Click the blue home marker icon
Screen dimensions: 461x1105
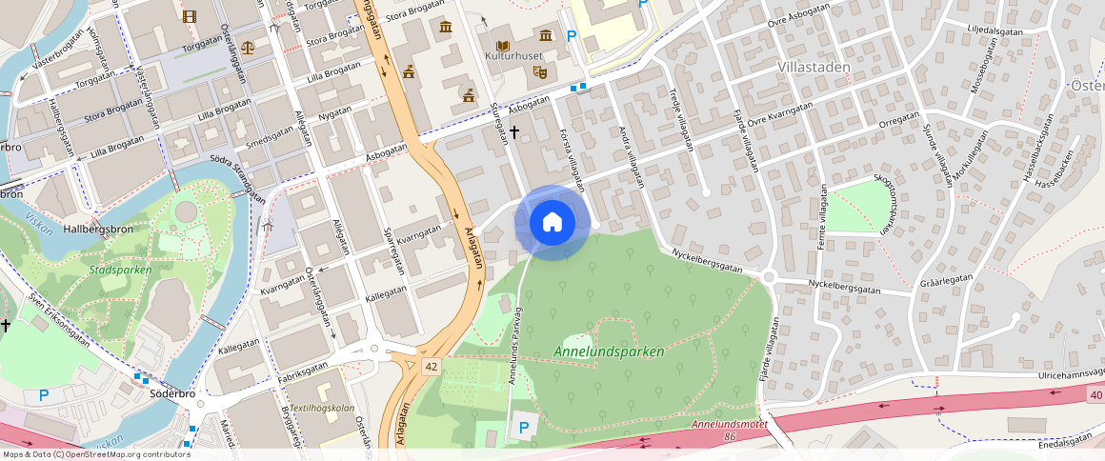coord(552,223)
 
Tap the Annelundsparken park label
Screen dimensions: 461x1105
coord(609,351)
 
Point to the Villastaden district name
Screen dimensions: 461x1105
coord(813,67)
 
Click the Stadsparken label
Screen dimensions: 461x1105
coord(120,270)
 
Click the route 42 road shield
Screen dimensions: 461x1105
coord(432,366)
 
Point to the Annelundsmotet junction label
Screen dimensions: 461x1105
coord(730,424)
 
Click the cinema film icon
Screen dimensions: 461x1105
coord(189,16)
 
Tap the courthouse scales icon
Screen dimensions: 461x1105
coord(248,46)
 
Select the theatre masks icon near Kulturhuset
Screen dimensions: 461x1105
coord(539,70)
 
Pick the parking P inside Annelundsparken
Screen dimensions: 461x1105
coord(521,428)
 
